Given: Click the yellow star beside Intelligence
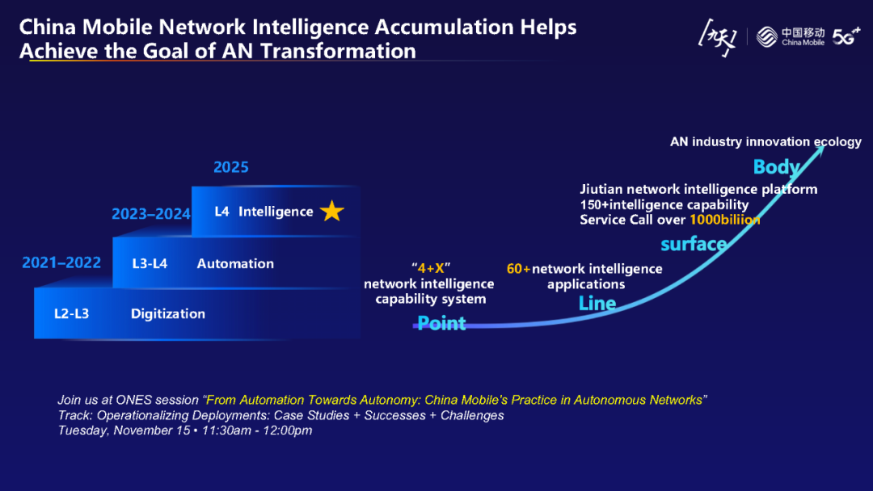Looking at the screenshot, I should point(331,212).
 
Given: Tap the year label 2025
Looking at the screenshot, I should point(231,167).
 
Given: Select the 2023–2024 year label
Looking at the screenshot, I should point(151,214).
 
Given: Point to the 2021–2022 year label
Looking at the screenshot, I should point(61,262).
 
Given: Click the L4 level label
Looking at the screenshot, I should point(222,212).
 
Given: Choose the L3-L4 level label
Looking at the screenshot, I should point(150,263).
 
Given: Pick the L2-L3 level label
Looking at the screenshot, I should point(71,313).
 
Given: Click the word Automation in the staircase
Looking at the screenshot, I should point(235,263).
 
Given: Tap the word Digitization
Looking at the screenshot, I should point(168,313).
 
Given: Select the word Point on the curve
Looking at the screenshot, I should point(441,323).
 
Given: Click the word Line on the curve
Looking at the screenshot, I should point(597,304).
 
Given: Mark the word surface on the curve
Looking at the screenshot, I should point(694,244).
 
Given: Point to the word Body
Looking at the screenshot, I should point(777,167).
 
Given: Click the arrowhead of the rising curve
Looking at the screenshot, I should point(820,151).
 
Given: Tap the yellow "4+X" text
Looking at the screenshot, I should point(429,268).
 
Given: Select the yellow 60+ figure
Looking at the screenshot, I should point(518,269).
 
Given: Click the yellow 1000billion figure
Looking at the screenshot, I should point(724,220).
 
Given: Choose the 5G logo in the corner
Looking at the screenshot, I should point(846,37).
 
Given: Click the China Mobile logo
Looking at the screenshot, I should point(792,37).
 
